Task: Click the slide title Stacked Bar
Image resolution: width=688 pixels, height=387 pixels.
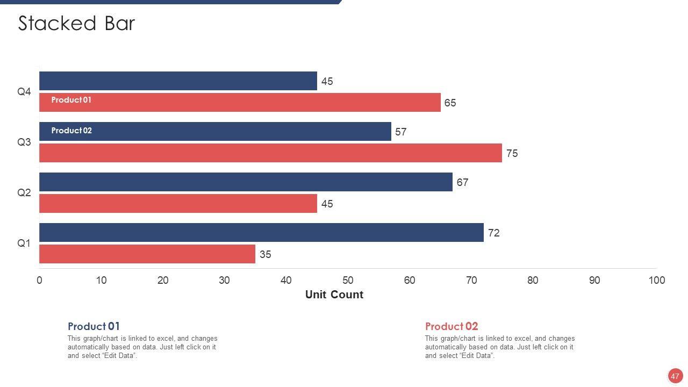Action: point(76,24)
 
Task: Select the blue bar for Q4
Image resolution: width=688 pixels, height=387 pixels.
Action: point(178,81)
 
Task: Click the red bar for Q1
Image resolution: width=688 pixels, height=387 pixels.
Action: point(147,254)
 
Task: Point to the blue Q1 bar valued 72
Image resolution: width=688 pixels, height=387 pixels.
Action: point(261,233)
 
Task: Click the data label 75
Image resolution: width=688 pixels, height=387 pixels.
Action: point(512,154)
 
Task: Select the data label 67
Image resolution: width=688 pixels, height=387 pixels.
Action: point(462,183)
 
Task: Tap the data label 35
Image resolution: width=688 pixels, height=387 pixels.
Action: point(266,255)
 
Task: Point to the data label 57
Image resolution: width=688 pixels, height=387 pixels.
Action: point(401,132)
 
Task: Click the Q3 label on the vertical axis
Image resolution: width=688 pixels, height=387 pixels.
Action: point(24,142)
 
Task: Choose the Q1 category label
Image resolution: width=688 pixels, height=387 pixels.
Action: point(24,243)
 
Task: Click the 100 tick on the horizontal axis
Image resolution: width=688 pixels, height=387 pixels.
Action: point(656,280)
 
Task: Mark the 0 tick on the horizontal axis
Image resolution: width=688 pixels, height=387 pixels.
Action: point(39,280)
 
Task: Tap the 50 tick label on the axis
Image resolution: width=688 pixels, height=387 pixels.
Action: point(348,280)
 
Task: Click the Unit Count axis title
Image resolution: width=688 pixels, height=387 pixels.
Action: point(334,295)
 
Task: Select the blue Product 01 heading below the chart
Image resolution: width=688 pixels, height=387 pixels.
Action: point(94,326)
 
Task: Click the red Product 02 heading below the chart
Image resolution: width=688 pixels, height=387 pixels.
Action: point(451,326)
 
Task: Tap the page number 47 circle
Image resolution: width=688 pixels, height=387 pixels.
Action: point(675,376)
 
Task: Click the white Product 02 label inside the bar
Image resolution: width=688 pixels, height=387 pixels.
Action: point(71,131)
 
